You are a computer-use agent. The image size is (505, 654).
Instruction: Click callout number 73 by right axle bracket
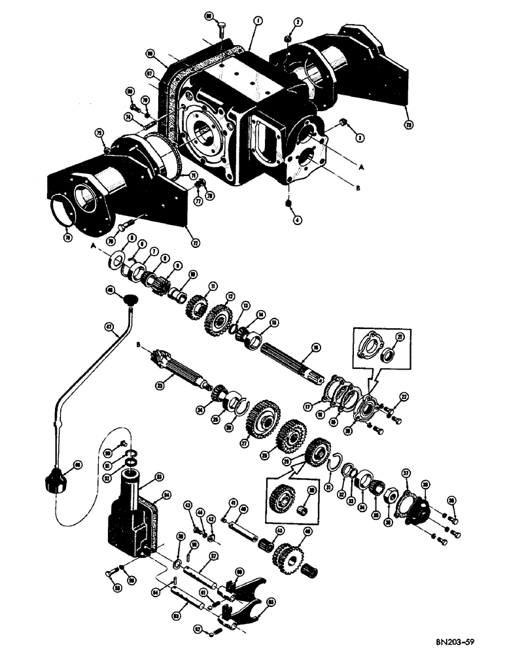(x=409, y=122)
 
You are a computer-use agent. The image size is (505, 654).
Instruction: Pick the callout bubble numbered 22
(x=404, y=396)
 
